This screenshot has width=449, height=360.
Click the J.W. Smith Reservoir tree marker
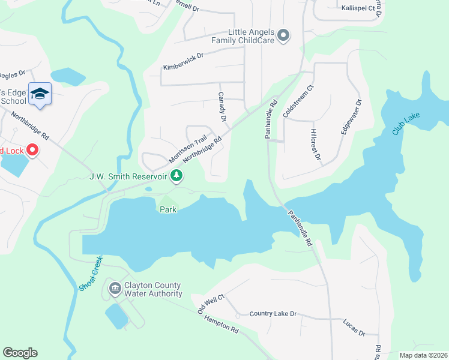point(176,176)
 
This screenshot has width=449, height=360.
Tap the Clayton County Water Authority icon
point(115,289)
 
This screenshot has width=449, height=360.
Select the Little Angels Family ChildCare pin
point(284,36)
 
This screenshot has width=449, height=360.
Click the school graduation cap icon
point(40,94)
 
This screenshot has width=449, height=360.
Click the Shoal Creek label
point(91,274)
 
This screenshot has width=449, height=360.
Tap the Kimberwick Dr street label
point(184,61)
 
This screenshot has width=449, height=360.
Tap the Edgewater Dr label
point(351,117)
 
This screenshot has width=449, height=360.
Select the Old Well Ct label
point(211,304)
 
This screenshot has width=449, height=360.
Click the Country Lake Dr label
point(273,314)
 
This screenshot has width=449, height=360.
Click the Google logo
point(20,353)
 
